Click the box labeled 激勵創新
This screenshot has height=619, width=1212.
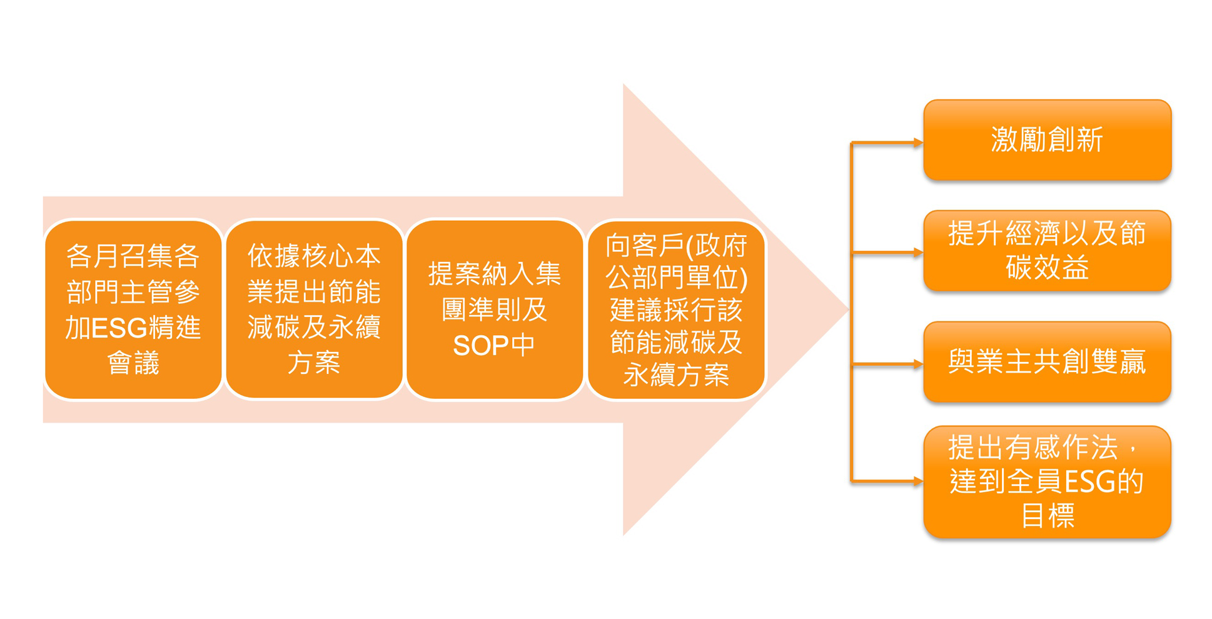pos(1047,140)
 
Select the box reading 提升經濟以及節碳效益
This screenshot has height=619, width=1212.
pos(1047,251)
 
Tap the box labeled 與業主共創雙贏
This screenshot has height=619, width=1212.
pos(1047,362)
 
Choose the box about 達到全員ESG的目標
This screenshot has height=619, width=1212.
pos(1047,482)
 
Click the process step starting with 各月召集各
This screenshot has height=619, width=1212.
pos(133,309)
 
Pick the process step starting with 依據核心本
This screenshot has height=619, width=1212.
pos(314,309)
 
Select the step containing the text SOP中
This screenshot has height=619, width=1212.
pos(495,309)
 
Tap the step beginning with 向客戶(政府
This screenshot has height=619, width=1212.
pos(676,309)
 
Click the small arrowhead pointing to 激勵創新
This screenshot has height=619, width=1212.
pos(918,143)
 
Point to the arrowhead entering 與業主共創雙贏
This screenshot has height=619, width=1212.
pos(918,364)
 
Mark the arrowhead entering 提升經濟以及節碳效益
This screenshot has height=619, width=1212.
pos(918,253)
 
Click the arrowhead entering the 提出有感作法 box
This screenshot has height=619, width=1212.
pos(918,481)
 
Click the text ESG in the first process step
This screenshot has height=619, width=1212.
pos(119,328)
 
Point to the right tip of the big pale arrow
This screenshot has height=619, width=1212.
pos(849,309)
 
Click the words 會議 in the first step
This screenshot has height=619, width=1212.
pos(133,363)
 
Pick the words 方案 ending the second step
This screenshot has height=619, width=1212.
pos(314,363)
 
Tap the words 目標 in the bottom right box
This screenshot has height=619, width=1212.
pos(1048,516)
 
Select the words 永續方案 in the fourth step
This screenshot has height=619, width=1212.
pos(676,375)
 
